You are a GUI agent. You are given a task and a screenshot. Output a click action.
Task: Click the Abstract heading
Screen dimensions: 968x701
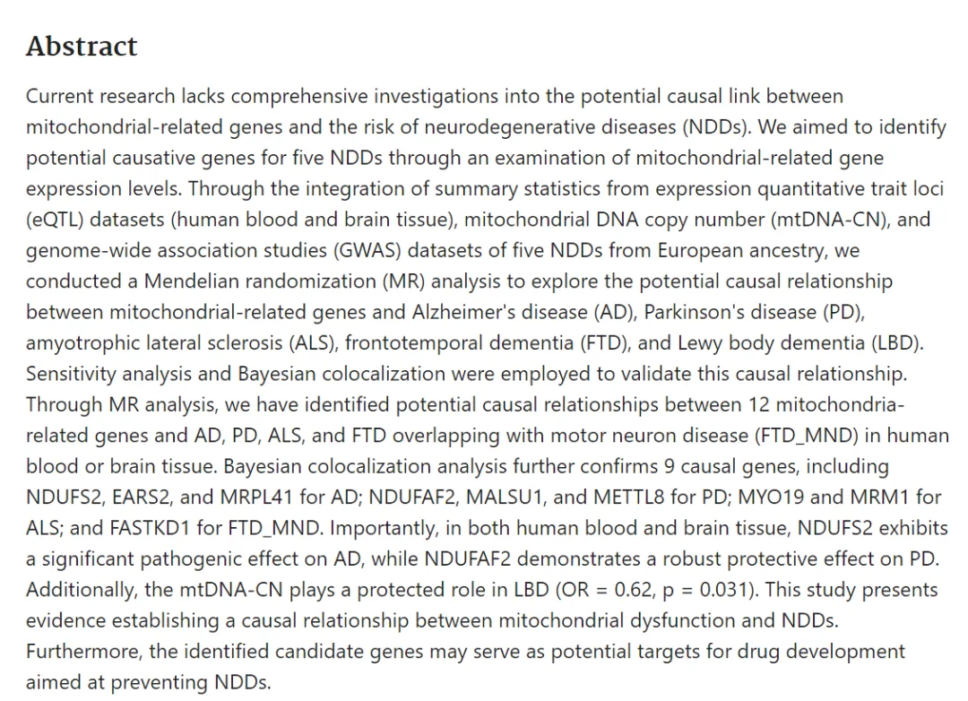point(82,47)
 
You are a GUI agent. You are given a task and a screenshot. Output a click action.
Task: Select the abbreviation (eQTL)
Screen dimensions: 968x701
point(55,220)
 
